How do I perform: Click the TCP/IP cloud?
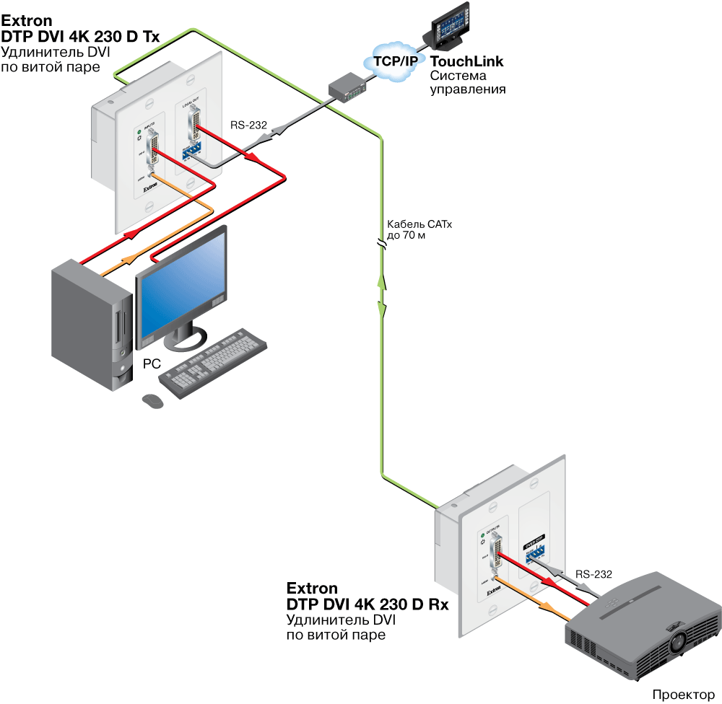pos(394,61)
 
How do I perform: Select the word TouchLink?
pos(466,62)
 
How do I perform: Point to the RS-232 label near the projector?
pos(593,574)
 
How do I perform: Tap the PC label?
pos(152,364)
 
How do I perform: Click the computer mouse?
pos(152,401)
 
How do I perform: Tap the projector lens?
pos(681,641)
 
